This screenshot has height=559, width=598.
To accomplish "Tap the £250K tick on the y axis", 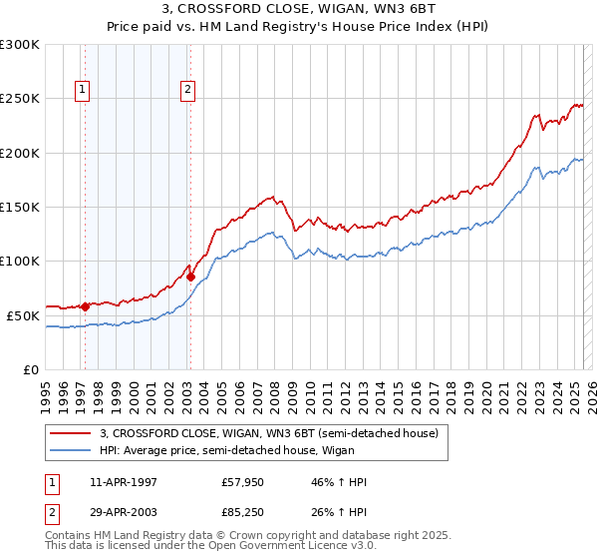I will pyautogui.click(x=20, y=99).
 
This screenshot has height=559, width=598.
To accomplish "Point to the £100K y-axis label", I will pyautogui.click(x=20, y=261).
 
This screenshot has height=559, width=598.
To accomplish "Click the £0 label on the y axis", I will pyautogui.click(x=30, y=369).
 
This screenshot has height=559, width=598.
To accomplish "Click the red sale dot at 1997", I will pyautogui.click(x=85, y=306).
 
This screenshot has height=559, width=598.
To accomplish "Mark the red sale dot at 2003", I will pyautogui.click(x=190, y=278).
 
